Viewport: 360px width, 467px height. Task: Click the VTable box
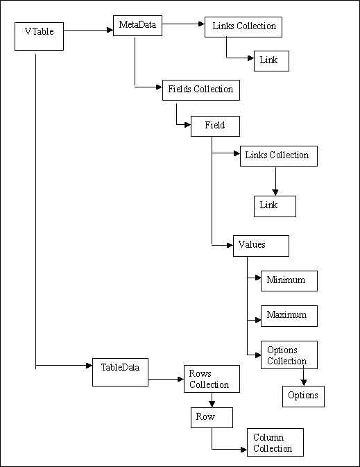39,36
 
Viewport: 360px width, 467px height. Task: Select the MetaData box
137,26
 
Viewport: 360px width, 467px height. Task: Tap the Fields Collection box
201,90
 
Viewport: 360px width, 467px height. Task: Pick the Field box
215,126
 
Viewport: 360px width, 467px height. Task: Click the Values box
261,246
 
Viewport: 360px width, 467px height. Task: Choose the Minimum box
289,281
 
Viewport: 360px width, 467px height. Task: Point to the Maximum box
289,316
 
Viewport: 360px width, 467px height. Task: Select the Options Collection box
289,355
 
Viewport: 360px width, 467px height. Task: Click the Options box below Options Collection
303,396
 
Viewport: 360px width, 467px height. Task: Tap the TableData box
120,373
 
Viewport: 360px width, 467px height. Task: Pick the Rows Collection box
212,379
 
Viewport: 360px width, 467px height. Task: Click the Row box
212,418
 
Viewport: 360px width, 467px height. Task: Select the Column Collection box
275,442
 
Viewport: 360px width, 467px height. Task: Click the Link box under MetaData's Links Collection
271,61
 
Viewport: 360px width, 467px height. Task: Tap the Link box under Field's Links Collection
275,206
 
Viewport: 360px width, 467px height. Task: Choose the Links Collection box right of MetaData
243,27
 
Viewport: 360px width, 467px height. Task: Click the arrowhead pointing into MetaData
110,30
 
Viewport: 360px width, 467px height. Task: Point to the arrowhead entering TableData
89,365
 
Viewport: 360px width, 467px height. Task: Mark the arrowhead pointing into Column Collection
244,449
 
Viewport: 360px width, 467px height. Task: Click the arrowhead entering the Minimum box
258,278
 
